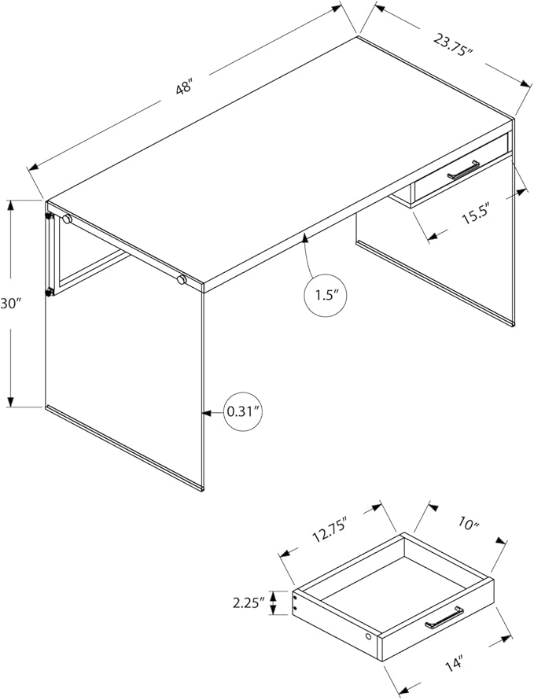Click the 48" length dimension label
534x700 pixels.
point(184,87)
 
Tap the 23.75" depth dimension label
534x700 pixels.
point(453,45)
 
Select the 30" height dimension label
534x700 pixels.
point(9,304)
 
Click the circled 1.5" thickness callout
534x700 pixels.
point(324,295)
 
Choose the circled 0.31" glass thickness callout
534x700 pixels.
point(244,412)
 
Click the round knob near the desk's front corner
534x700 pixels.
point(181,280)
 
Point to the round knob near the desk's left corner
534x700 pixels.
point(68,219)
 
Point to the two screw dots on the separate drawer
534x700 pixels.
point(295,602)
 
